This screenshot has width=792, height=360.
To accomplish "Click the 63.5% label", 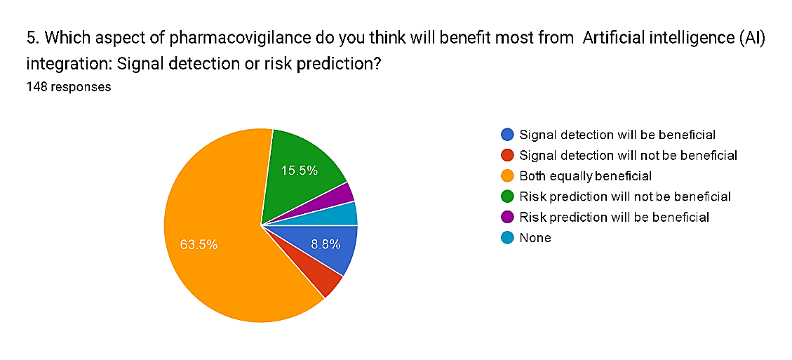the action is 199,245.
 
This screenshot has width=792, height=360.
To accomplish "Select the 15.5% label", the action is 300,171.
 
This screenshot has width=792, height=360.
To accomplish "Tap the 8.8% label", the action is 325,245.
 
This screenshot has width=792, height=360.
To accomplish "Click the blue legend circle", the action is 508,135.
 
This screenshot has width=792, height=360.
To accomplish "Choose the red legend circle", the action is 508,155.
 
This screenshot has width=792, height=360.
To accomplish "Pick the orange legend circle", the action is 508,176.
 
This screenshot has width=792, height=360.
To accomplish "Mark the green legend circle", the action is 508,196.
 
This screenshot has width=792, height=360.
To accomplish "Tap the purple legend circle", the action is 508,217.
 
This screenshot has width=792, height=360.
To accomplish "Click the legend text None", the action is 535,238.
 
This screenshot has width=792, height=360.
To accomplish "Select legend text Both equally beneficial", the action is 586,176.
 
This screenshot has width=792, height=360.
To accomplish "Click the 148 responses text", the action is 69,87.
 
